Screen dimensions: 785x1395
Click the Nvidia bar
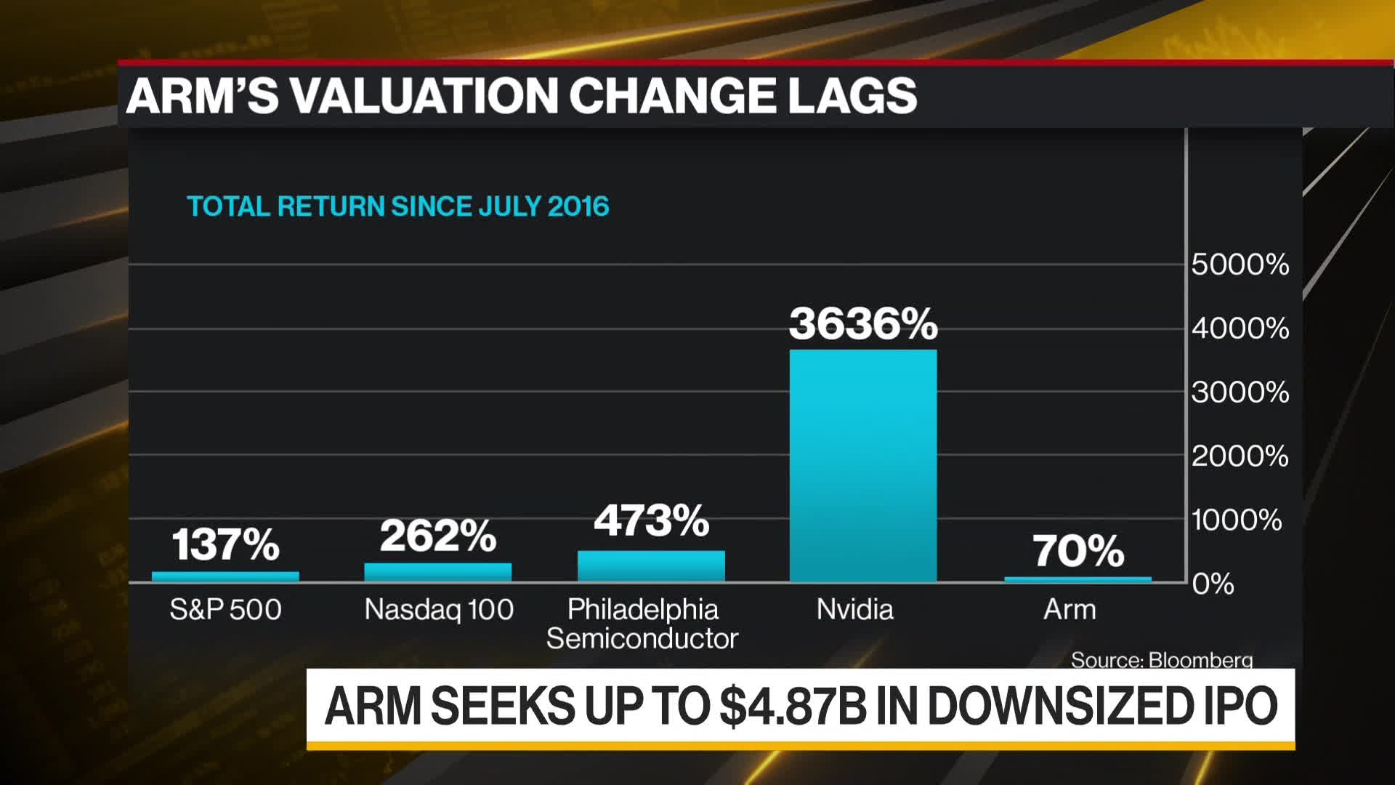[863, 465]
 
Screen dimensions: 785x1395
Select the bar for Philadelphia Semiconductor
[651, 565]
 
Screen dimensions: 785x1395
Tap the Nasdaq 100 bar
[438, 571]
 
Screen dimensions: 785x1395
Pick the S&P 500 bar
[225, 576]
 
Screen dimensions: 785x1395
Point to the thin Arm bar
[1077, 579]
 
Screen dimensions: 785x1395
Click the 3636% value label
[863, 323]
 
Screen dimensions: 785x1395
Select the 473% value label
[651, 520]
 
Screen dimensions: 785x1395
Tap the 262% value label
[438, 536]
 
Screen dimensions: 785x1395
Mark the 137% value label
[225, 544]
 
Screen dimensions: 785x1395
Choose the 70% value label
[1078, 551]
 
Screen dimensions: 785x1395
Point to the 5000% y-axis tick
[1240, 265]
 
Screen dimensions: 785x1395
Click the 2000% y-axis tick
[1240, 456]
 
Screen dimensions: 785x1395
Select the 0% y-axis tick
[1213, 584]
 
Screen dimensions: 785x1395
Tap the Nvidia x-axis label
[854, 609]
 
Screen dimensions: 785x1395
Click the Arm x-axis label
[1069, 609]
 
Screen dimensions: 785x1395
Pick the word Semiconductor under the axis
[642, 639]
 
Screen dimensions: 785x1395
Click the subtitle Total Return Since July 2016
[397, 206]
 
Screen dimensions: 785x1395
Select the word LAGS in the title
[852, 96]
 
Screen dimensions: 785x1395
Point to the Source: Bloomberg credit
[1161, 660]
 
